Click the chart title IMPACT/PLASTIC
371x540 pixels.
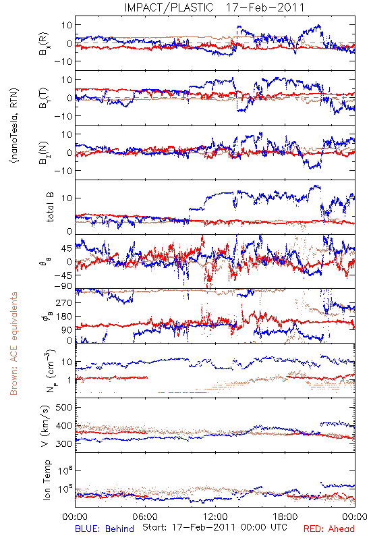(x=169, y=7)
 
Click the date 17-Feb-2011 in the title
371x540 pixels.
(x=265, y=7)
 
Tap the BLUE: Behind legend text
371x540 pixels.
(x=105, y=529)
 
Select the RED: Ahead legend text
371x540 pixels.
(x=329, y=529)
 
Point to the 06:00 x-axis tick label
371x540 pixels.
(x=145, y=516)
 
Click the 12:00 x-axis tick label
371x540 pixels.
(x=215, y=516)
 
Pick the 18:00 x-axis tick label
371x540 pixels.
(x=285, y=516)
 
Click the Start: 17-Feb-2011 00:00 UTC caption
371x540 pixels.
(x=215, y=527)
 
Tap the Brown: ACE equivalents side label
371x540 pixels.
(x=13, y=344)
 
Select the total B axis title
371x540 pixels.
(x=50, y=207)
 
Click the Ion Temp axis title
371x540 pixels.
(x=47, y=480)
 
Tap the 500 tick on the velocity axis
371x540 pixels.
(x=63, y=408)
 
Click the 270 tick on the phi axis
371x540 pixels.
(x=64, y=302)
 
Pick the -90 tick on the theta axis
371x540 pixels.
(x=63, y=286)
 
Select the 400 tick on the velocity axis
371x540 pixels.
(x=63, y=426)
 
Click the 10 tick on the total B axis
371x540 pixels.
(x=67, y=198)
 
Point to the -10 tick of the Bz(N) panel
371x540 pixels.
(x=63, y=171)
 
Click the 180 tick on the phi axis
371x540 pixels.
(x=64, y=316)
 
